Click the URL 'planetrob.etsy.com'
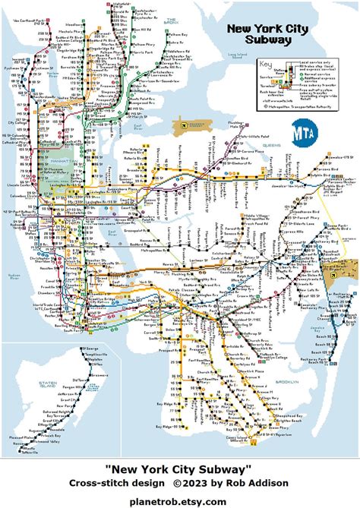coord(179,501)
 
